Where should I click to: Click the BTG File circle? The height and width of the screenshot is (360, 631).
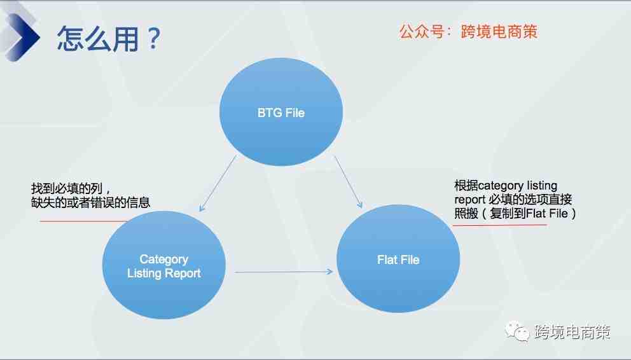pyautogui.click(x=281, y=112)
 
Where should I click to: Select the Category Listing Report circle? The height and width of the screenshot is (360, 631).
pyautogui.click(x=163, y=265)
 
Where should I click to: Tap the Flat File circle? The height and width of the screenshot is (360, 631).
pyautogui.click(x=398, y=259)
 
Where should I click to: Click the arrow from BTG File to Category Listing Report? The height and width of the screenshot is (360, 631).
pyautogui.click(x=218, y=183)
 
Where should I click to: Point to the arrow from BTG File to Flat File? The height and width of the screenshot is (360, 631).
pyautogui.click(x=349, y=182)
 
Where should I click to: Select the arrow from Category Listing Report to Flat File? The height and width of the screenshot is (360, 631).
pyautogui.click(x=284, y=272)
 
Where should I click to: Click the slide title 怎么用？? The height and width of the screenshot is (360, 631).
pyautogui.click(x=109, y=39)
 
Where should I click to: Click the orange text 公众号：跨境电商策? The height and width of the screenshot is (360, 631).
pyautogui.click(x=468, y=31)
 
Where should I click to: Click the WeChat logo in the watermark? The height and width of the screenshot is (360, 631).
pyautogui.click(x=517, y=331)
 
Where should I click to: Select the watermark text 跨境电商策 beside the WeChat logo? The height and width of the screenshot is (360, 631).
pyautogui.click(x=572, y=332)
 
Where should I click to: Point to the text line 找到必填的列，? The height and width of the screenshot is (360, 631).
pyautogui.click(x=71, y=188)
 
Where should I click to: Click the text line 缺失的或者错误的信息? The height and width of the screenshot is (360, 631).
pyautogui.click(x=90, y=202)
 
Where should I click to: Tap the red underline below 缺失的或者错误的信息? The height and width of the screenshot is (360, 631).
pyautogui.click(x=83, y=221)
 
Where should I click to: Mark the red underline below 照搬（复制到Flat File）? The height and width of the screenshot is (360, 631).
pyautogui.click(x=500, y=225)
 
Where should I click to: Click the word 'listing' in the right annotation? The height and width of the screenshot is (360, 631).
pyautogui.click(x=542, y=186)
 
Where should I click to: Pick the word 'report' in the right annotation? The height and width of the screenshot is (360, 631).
pyautogui.click(x=470, y=200)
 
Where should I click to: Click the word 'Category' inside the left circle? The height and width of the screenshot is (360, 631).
pyautogui.click(x=163, y=260)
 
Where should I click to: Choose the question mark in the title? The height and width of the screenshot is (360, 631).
pyautogui.click(x=154, y=38)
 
